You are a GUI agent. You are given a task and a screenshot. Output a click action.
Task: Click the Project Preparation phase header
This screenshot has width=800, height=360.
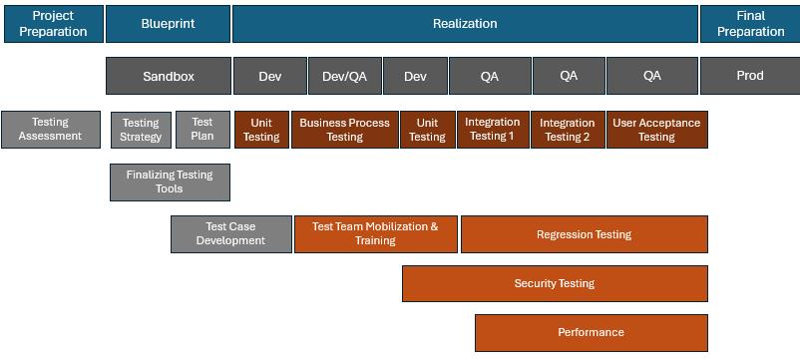pos(54,24)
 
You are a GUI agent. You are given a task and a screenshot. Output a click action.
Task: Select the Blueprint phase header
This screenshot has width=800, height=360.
pos(168,24)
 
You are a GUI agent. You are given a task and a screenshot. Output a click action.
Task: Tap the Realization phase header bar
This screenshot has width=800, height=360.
pos(465,24)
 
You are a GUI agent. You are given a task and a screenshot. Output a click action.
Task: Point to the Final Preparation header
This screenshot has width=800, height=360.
pos(750,24)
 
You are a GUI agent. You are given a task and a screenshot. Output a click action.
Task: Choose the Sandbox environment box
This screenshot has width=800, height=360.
pos(169,76)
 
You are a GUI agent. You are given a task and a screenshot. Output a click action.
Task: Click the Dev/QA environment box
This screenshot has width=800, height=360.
pos(345,76)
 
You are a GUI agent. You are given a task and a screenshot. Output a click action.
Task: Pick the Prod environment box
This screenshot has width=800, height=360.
pos(750,76)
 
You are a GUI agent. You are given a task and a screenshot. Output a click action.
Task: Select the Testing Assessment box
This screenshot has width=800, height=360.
pos(51,130)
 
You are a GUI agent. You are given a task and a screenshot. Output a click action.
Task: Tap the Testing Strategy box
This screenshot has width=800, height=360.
pos(141,130)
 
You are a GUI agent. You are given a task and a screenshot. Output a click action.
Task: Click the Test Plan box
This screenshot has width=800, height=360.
pos(202,130)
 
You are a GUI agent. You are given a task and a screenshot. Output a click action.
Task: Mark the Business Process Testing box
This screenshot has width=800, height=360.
pos(344,130)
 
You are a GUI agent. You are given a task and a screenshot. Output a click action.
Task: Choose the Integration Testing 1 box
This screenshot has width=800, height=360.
pos(493,130)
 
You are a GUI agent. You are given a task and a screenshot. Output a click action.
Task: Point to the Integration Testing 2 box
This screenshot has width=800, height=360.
pos(568,130)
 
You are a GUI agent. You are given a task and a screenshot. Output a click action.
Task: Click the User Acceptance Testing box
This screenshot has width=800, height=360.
pos(657,130)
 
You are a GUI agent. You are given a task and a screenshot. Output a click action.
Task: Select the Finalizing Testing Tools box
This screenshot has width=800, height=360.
pos(170,182)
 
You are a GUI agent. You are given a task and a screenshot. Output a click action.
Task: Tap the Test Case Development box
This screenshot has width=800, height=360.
pos(231,234)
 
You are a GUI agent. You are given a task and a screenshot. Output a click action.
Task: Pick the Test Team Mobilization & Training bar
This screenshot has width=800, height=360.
pos(375,234)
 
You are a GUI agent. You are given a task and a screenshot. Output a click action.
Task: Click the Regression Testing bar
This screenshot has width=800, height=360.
pos(585,234)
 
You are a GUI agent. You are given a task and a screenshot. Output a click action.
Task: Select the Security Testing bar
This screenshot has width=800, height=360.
pos(555,283)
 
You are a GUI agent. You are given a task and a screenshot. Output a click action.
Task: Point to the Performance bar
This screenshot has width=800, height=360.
pos(592,332)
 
